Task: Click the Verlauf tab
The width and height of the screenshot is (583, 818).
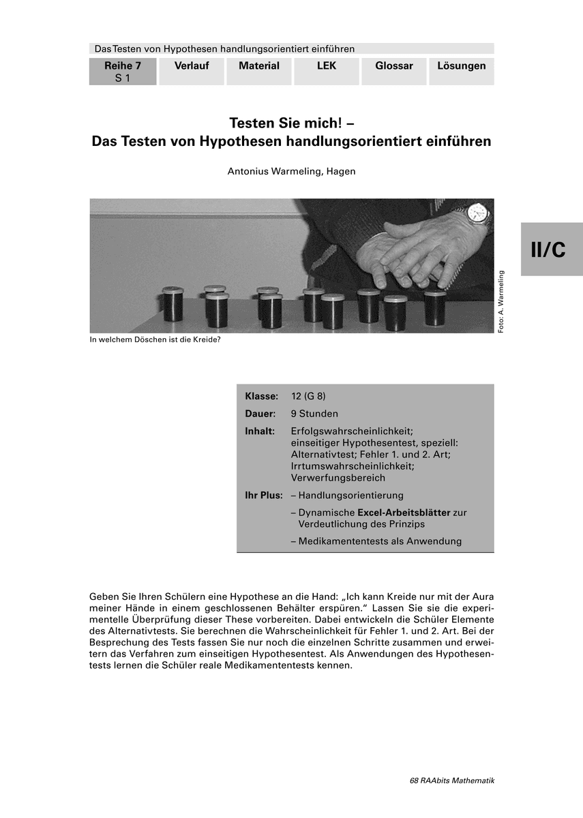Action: (192, 71)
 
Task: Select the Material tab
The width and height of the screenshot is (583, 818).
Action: (259, 71)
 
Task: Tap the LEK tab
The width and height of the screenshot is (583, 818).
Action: (327, 71)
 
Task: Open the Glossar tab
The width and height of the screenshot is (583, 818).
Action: (394, 71)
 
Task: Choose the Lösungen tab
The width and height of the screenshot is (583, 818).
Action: (462, 71)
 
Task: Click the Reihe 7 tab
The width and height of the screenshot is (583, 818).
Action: (123, 71)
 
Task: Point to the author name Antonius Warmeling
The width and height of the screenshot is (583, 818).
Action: (291, 171)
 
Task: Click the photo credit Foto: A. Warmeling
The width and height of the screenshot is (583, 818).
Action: (501, 302)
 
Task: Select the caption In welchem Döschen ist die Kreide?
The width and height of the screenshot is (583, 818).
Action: (155, 339)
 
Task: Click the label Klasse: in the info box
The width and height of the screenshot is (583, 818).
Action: (261, 396)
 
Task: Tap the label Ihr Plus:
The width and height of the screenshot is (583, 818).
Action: (263, 496)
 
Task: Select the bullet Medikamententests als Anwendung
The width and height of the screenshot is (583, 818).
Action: (380, 541)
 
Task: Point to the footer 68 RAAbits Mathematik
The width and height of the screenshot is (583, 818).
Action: (452, 781)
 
